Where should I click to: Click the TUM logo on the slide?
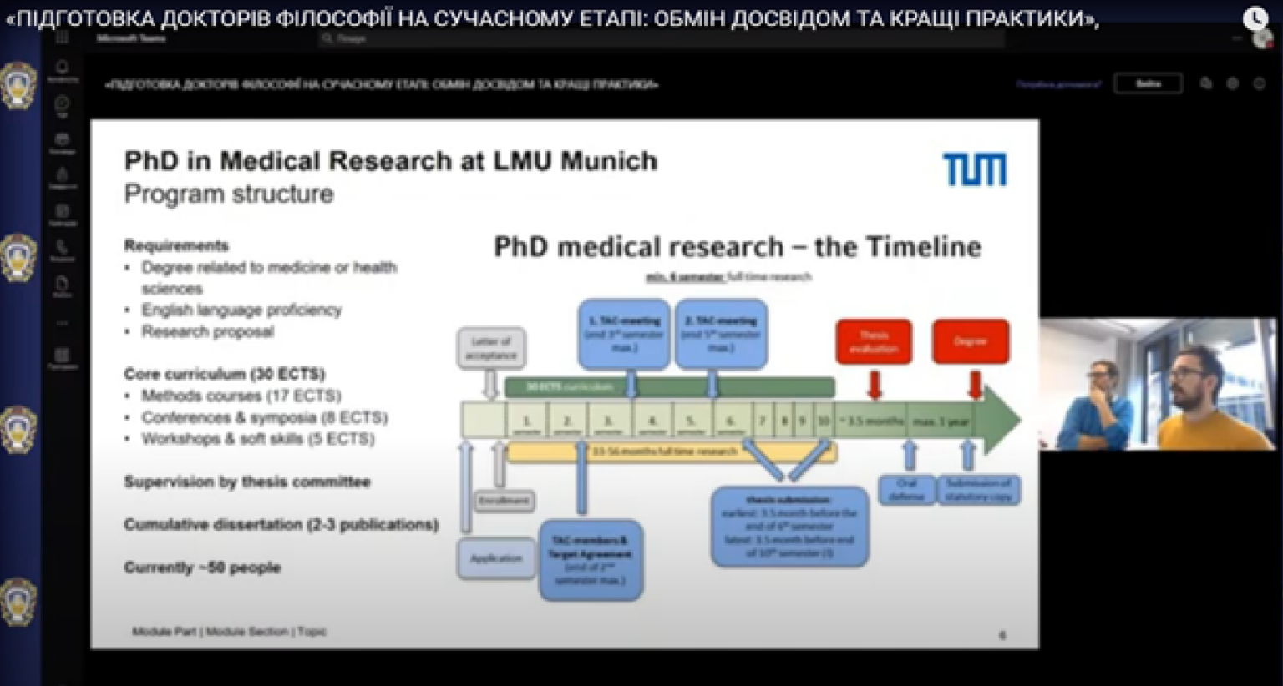coord(975,169)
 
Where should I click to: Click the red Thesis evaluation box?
coord(874,341)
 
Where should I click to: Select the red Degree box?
coord(971,341)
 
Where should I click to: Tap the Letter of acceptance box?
coord(491,348)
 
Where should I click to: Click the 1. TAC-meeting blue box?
coord(624,334)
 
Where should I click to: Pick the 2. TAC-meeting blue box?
coord(721,334)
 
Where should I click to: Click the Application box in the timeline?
coord(496,558)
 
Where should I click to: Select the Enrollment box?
coord(505,501)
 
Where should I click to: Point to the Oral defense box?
coord(906,489)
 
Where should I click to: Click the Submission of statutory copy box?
coord(978,489)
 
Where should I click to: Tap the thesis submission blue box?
coord(789,527)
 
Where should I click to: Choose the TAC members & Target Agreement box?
coord(591,560)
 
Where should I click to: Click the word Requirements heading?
coord(176,245)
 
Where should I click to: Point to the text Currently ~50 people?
coord(202,567)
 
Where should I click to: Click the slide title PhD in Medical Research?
coord(390,160)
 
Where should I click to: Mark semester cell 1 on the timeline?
coord(526,421)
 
